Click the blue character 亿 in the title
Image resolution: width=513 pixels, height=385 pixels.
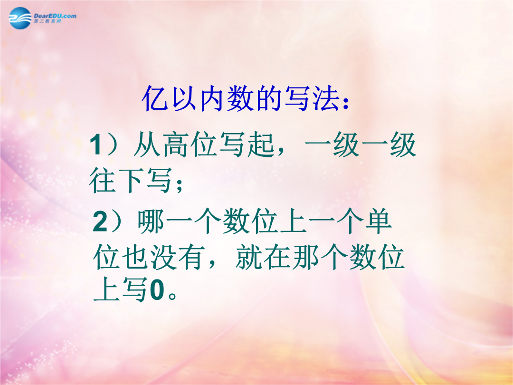coord(155,98)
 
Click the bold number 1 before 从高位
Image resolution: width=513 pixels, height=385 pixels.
coord(96,144)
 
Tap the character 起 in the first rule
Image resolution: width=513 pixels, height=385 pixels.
coord(261,144)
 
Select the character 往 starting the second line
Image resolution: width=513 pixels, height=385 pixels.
coord(102,180)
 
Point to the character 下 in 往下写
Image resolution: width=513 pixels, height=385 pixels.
coord(130,180)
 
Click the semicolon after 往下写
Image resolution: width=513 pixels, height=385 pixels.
coord(179,185)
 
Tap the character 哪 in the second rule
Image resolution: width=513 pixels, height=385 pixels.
coord(151,221)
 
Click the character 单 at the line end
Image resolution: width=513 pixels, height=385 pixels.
coord(378,221)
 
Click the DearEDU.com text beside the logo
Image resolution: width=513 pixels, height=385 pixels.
coord(55,16)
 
